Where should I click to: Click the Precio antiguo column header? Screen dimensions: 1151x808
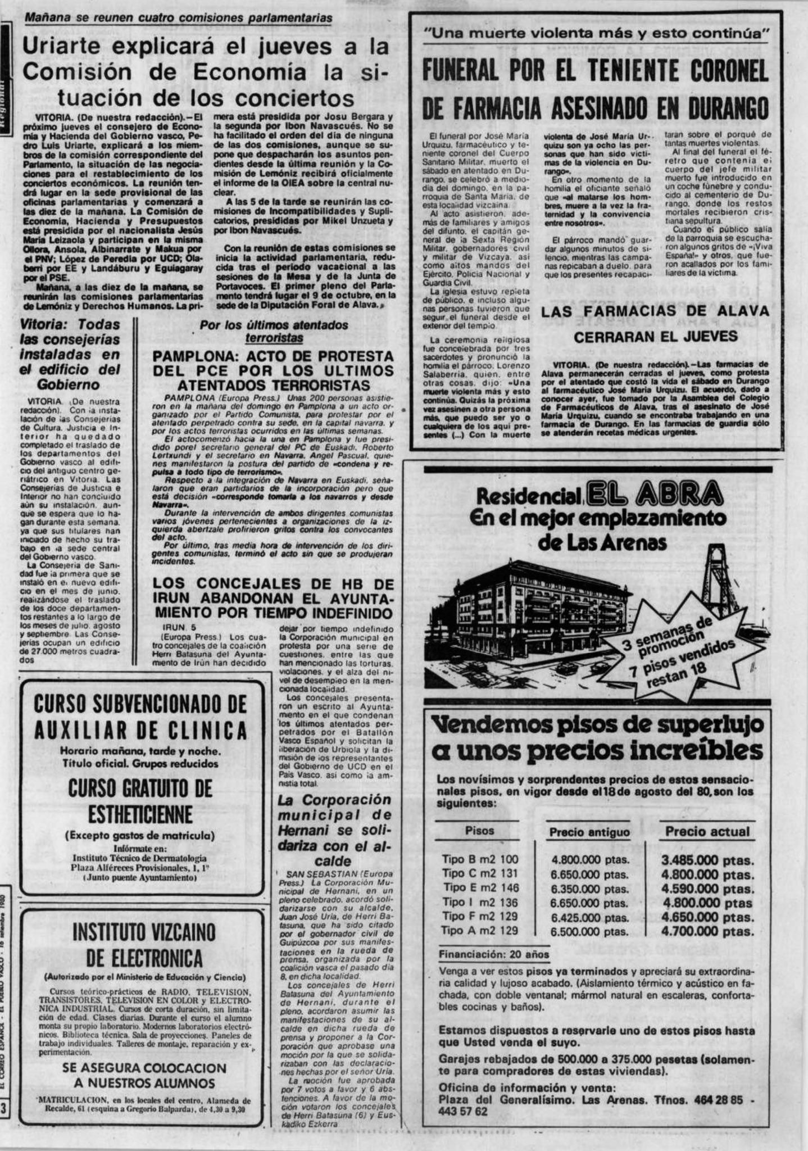click(x=589, y=832)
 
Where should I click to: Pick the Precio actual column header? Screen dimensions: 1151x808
click(x=707, y=831)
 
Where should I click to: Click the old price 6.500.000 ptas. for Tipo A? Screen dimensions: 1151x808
click(x=589, y=931)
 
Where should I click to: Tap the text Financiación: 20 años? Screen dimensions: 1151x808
click(x=493, y=954)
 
